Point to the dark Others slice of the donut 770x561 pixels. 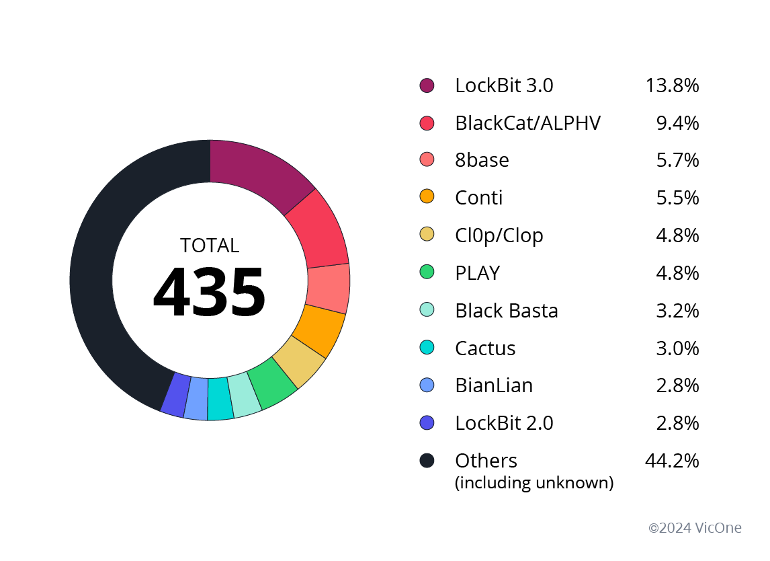pyautogui.click(x=108, y=269)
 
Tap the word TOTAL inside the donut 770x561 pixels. pyautogui.click(x=210, y=246)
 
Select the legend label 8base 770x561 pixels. pyautogui.click(x=482, y=160)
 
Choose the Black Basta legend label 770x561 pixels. pyautogui.click(x=507, y=311)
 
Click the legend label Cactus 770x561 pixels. pyautogui.click(x=485, y=348)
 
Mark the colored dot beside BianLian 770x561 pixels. pyautogui.click(x=427, y=385)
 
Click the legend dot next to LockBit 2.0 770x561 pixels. pyautogui.click(x=427, y=423)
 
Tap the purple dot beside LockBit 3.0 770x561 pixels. pyautogui.click(x=427, y=85)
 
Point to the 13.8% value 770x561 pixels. pyautogui.click(x=672, y=85)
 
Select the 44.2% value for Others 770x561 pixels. pyautogui.click(x=672, y=461)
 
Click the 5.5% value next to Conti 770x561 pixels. pyautogui.click(x=677, y=198)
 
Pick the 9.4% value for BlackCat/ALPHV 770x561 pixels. pyautogui.click(x=677, y=123)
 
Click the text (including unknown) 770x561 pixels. pyautogui.click(x=534, y=483)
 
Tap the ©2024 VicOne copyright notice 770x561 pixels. pyautogui.click(x=695, y=528)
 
